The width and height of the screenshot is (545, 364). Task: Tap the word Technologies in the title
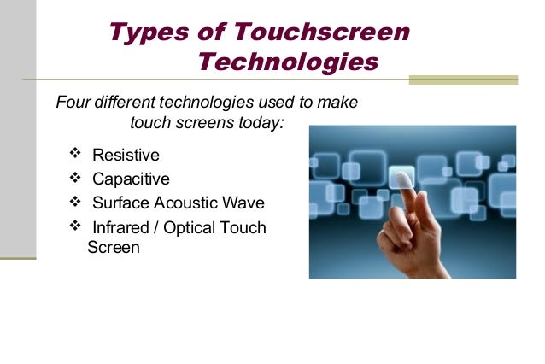(287, 62)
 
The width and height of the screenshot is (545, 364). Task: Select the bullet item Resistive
(126, 156)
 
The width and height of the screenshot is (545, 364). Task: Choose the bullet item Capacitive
(131, 179)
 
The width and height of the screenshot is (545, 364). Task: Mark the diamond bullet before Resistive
(75, 155)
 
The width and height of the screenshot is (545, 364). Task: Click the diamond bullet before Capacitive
(75, 178)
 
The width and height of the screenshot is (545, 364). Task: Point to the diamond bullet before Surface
(75, 202)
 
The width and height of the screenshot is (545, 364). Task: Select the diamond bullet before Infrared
(75, 226)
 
